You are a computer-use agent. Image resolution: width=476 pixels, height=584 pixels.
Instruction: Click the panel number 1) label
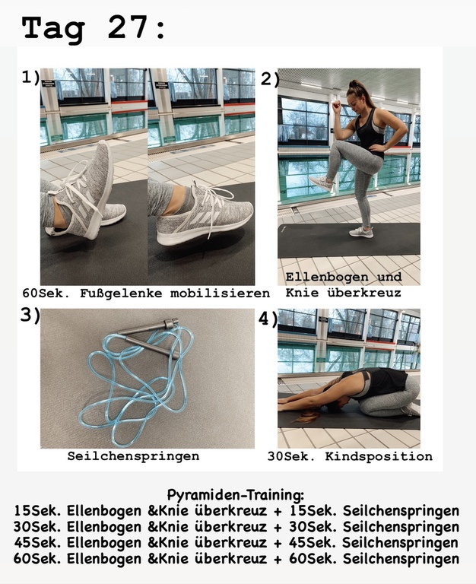coord(30,77)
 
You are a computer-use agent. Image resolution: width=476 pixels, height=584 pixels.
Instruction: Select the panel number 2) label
coord(270,79)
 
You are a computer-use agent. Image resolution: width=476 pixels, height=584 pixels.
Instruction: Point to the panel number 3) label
coord(30,316)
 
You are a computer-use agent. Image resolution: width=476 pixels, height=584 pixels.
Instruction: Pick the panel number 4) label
coord(268,319)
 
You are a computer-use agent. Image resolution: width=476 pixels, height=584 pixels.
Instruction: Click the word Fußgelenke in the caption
coord(121,294)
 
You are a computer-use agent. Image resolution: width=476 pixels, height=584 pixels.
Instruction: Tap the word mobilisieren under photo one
coord(220,294)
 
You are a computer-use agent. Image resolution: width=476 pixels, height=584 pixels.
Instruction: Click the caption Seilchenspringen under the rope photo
coord(133,456)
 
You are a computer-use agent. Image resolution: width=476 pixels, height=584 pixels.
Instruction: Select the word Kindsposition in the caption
coord(379,456)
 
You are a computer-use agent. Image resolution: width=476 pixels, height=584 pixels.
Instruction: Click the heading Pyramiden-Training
coord(236,495)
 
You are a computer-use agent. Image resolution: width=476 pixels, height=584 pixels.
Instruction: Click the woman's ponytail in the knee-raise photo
coord(353,86)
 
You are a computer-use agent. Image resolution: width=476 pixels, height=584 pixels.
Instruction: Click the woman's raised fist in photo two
coord(337,106)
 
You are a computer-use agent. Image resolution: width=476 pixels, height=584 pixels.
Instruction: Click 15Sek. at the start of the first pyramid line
coord(37,511)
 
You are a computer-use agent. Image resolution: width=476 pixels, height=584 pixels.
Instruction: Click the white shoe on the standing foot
coord(361,232)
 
